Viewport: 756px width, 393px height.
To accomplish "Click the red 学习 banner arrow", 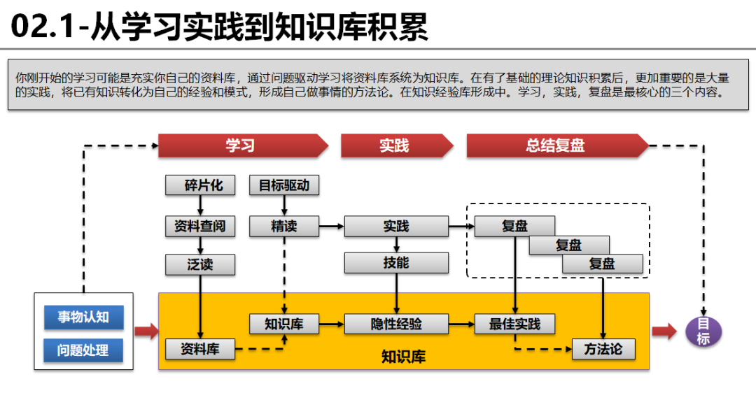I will [242, 145].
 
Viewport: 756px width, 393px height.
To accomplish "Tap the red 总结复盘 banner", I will [556, 145].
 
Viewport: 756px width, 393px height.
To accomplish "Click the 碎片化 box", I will [200, 185].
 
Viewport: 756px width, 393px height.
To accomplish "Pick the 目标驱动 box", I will [284, 185].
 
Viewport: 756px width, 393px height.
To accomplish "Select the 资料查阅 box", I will [200, 226].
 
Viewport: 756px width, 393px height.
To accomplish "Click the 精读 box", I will [284, 226].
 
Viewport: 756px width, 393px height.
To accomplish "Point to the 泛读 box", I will [200, 264].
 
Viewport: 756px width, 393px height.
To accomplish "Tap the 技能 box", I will [396, 262].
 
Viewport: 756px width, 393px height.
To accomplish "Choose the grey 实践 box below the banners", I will [396, 226].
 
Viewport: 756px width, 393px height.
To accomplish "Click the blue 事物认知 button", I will [83, 317].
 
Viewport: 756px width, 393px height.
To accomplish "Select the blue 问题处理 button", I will [83, 350].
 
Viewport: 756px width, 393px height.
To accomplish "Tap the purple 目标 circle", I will [703, 331].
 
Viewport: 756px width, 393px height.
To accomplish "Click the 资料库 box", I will [200, 348].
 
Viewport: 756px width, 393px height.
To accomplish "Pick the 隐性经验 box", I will [396, 324].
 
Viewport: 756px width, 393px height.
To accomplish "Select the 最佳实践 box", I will [515, 324].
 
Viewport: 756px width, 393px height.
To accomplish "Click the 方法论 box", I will [603, 348].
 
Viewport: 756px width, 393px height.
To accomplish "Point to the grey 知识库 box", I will [284, 324].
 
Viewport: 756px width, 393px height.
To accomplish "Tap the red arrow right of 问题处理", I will [146, 331].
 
